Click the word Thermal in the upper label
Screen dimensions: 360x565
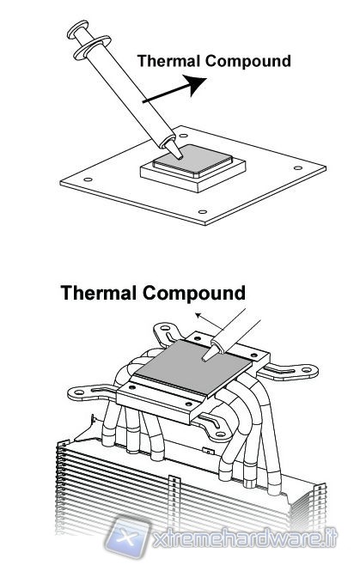pyautogui.click(x=168, y=61)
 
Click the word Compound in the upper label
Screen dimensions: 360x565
pyautogui.click(x=247, y=62)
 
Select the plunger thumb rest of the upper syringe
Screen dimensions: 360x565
pyautogui.click(x=78, y=29)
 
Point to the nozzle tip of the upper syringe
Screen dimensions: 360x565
pyautogui.click(x=180, y=157)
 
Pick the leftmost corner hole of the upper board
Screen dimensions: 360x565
pyautogui.click(x=88, y=179)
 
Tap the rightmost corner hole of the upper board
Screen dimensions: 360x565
pyautogui.click(x=298, y=168)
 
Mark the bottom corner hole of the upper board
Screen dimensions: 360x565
pyautogui.click(x=203, y=212)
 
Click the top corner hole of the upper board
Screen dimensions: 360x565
pyautogui.click(x=183, y=136)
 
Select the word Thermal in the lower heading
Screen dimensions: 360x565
pyautogui.click(x=99, y=293)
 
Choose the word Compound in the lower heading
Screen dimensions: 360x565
pyautogui.click(x=194, y=294)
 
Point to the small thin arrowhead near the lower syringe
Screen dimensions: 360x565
pyautogui.click(x=198, y=316)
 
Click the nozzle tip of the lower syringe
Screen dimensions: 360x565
pyautogui.click(x=204, y=359)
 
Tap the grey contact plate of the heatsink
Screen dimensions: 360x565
pyautogui.click(x=192, y=367)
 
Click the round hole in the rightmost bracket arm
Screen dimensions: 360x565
pyautogui.click(x=306, y=370)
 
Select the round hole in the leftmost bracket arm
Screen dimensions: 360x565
pyautogui.click(x=79, y=392)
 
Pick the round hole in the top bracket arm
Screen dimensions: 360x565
pyautogui.click(x=166, y=329)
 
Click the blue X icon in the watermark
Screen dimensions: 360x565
pyautogui.click(x=128, y=538)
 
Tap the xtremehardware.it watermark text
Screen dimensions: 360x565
pyautogui.click(x=244, y=539)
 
